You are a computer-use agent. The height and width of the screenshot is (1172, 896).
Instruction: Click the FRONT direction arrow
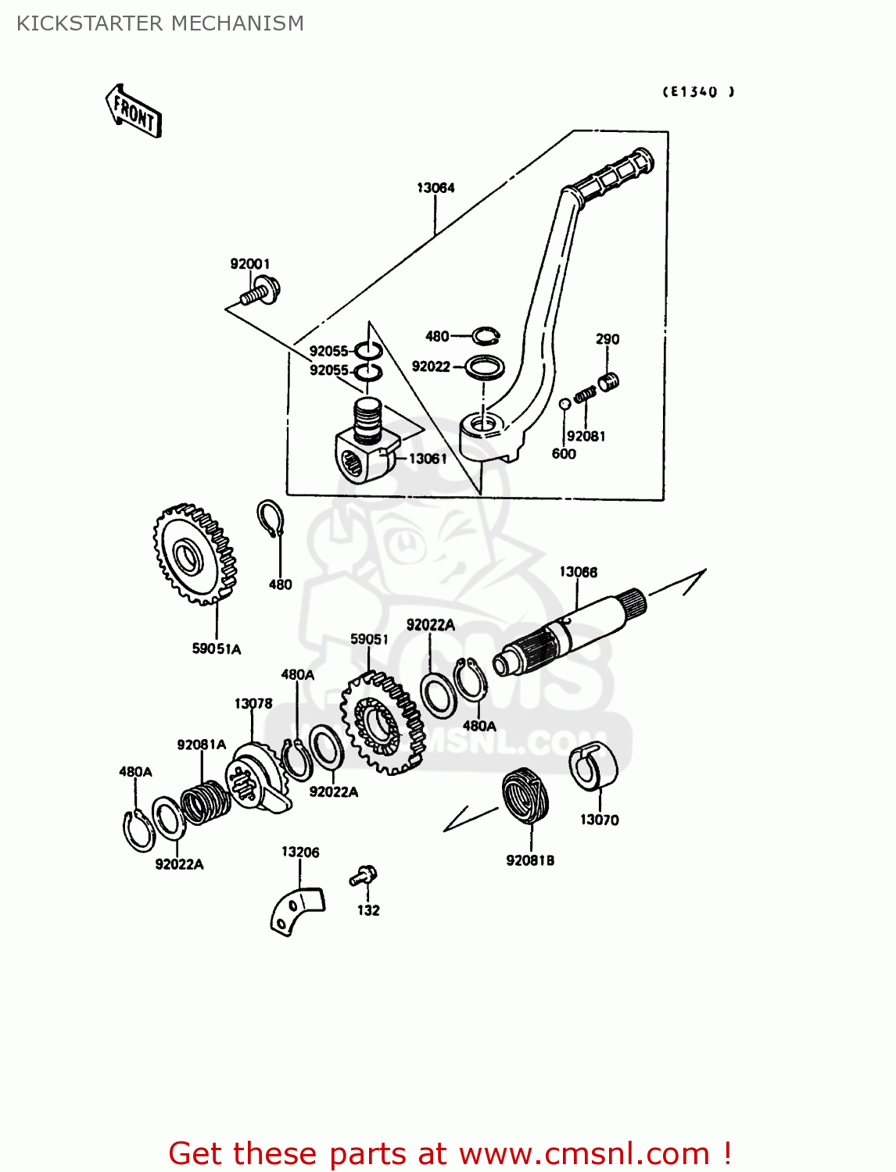tap(134, 112)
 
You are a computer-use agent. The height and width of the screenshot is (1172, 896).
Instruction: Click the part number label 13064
tap(435, 188)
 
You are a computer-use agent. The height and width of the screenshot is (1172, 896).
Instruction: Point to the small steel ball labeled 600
tap(564, 404)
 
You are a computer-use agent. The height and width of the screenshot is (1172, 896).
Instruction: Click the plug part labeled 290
tap(608, 381)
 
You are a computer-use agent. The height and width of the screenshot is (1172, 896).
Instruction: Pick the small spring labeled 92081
tap(585, 396)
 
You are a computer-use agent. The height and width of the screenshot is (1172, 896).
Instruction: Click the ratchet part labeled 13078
tap(256, 778)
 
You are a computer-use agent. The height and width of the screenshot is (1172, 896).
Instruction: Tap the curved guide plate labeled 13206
tap(297, 909)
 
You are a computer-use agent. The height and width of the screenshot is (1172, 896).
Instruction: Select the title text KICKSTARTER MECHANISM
tap(160, 23)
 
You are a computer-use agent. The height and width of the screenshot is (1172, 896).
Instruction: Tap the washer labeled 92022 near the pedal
tap(485, 366)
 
